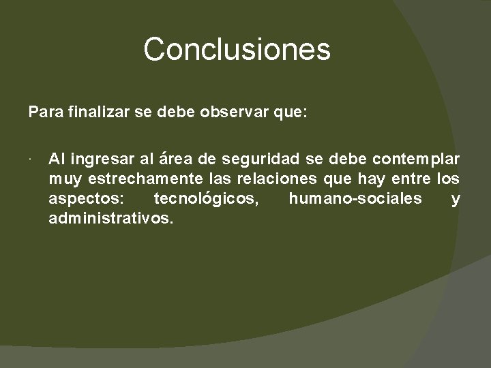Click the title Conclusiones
pos(237,50)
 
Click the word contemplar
pos(416,159)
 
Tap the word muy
pos(63,179)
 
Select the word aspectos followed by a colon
pos(85,199)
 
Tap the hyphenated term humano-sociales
pos(355,199)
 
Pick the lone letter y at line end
pos(456,200)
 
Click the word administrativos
pos(111,219)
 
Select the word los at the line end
pos(448,179)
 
